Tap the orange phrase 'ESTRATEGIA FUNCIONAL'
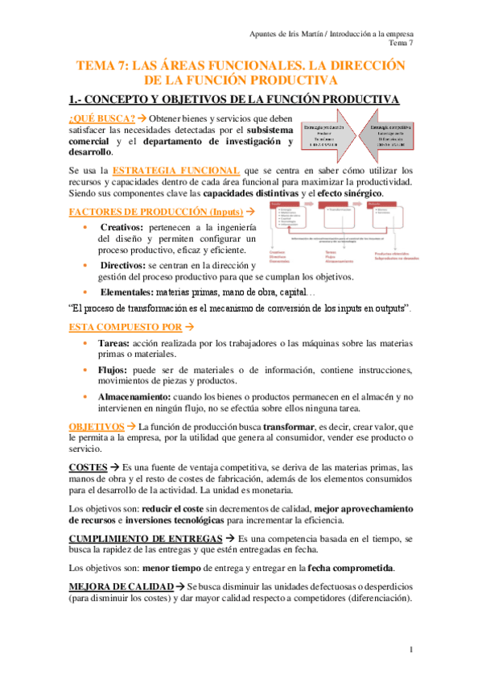[175, 170]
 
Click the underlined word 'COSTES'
[88, 466]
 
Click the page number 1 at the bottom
[411, 650]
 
